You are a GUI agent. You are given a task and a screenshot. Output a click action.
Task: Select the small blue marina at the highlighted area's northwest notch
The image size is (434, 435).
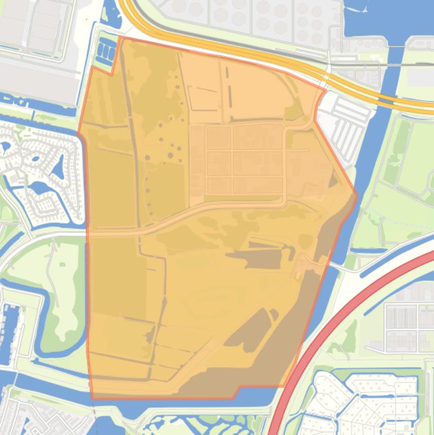(x=106, y=51)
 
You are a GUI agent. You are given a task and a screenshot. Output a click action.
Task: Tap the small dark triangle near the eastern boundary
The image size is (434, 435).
(x=333, y=181)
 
